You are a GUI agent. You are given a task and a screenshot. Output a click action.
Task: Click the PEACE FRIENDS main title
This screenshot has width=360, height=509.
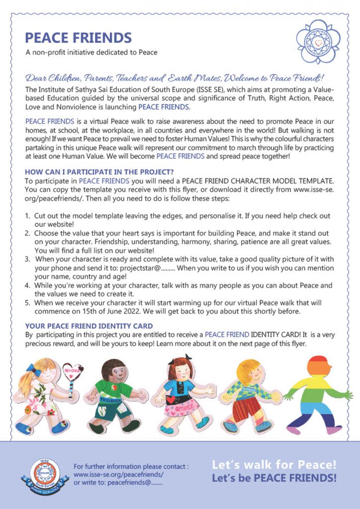[x=78, y=38]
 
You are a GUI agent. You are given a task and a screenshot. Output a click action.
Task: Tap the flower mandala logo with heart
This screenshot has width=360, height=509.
[x=319, y=42]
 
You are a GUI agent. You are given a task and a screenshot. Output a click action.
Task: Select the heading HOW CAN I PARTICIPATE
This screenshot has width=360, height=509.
[x=99, y=172]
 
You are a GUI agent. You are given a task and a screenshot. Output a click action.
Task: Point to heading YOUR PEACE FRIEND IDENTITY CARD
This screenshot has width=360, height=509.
[x=89, y=326]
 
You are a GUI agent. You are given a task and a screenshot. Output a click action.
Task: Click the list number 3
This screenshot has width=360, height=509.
[x=27, y=259]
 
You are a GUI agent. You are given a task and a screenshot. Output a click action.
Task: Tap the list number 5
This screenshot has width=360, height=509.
[x=27, y=303]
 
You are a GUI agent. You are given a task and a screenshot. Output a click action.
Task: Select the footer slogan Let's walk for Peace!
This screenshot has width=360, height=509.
[x=274, y=464]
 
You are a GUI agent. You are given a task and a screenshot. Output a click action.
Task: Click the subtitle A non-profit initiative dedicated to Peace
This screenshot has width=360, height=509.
[x=91, y=53]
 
